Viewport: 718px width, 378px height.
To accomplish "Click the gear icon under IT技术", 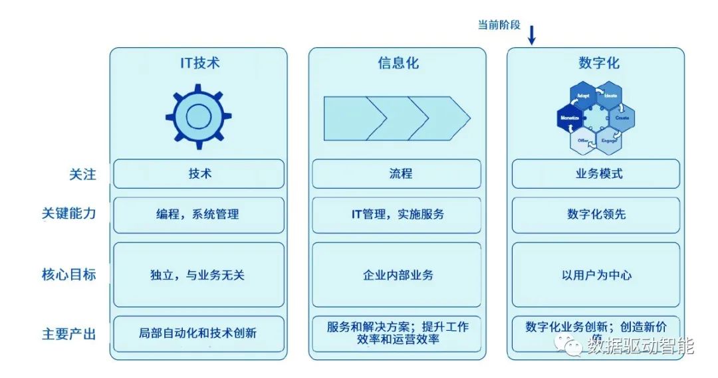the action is [x=197, y=116].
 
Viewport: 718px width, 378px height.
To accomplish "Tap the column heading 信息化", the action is [x=398, y=64].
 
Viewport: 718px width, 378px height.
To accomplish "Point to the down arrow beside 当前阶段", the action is [x=532, y=35].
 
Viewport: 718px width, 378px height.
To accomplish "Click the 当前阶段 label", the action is [x=499, y=25].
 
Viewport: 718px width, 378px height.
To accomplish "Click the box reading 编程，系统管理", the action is [x=198, y=215].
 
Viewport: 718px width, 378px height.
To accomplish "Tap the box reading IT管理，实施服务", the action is [x=398, y=215].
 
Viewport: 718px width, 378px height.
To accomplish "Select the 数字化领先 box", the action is [x=596, y=215].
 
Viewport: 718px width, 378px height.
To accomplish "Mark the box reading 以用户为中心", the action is [x=596, y=275].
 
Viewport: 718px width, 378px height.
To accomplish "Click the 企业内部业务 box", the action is [x=398, y=275].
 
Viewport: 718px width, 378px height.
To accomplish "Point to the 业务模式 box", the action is [x=596, y=174].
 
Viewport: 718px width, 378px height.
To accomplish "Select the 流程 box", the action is [x=398, y=174].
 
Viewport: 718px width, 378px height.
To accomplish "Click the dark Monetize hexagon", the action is [x=570, y=117].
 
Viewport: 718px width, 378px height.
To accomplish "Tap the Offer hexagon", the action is [x=583, y=140].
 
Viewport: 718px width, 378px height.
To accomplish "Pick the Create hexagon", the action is [x=622, y=117].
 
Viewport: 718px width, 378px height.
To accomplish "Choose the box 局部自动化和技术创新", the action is [x=198, y=333].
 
